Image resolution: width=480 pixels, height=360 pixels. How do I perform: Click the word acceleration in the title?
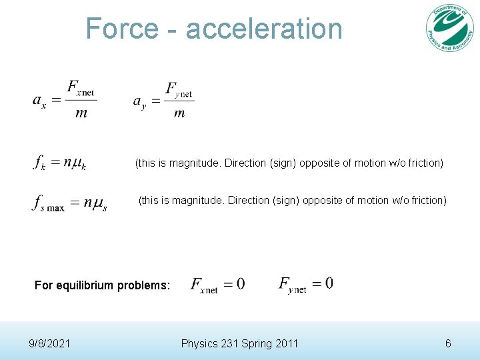(x=264, y=29)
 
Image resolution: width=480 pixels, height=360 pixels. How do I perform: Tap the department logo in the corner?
(x=451, y=28)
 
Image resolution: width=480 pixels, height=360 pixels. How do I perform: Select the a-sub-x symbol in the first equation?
(x=39, y=101)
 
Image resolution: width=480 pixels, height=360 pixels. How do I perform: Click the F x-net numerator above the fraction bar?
(x=81, y=89)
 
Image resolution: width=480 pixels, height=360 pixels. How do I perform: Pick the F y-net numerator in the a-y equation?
(x=179, y=90)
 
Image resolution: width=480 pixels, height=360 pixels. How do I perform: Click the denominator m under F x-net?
(x=81, y=113)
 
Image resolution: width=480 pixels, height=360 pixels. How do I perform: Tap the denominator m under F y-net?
(x=179, y=113)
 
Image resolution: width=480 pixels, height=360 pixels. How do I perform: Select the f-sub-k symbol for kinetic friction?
(x=39, y=163)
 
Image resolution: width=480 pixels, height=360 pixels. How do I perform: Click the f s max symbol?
(x=48, y=203)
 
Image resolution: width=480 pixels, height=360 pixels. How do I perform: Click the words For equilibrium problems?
(x=103, y=285)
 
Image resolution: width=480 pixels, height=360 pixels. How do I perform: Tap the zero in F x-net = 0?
(x=240, y=284)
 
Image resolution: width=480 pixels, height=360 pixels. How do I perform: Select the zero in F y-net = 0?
(x=329, y=283)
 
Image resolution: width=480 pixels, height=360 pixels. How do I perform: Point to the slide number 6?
(x=448, y=343)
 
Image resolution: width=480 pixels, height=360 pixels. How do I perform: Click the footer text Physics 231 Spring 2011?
(x=239, y=343)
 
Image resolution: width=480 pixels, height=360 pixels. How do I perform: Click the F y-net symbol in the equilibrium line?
(x=292, y=285)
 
